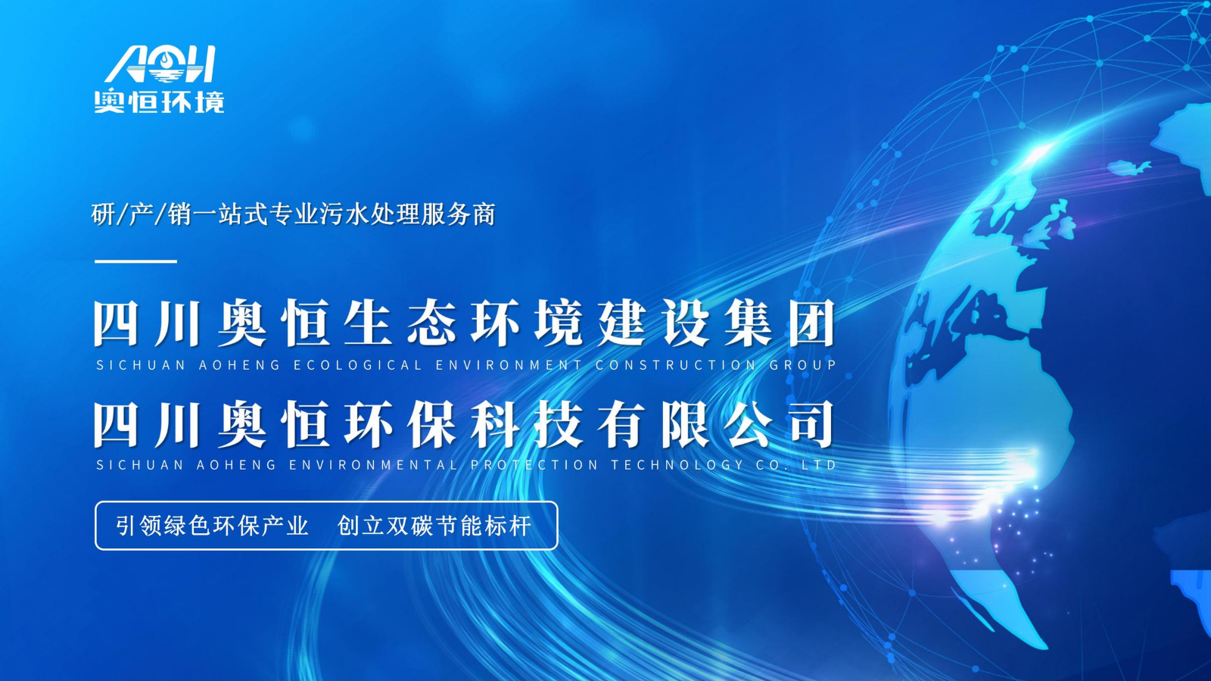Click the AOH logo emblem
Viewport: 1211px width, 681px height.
(160, 64)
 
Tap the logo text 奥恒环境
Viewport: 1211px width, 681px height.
(160, 102)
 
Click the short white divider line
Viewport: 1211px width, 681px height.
(135, 261)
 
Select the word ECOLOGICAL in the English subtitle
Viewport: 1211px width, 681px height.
(357, 365)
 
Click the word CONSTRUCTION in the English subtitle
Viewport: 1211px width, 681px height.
(676, 365)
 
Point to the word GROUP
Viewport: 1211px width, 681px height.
(803, 365)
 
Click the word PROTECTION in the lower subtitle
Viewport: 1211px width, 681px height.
(534, 464)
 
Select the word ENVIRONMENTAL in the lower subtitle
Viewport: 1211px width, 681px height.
(373, 464)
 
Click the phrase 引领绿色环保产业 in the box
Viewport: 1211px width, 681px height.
(212, 526)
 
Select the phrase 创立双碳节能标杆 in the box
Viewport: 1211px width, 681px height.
(434, 526)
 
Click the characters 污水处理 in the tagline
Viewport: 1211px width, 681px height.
(370, 214)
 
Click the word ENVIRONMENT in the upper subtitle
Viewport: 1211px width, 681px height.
(509, 365)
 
